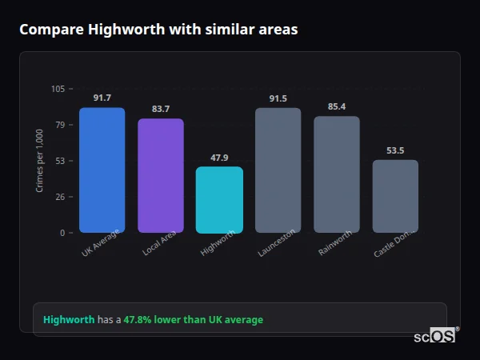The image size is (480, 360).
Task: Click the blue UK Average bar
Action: pyautogui.click(x=102, y=170)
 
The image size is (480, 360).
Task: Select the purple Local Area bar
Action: pyautogui.click(x=161, y=175)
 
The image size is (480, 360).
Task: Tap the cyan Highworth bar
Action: pyautogui.click(x=219, y=199)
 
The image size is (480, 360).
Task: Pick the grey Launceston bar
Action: pyautogui.click(x=278, y=170)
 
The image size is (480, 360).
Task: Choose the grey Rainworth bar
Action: pyautogui.click(x=337, y=174)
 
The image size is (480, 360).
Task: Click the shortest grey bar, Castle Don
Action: pyautogui.click(x=395, y=196)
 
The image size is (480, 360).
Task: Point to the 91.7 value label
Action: pyautogui.click(x=102, y=98)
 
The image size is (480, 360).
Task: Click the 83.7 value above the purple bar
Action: pyautogui.click(x=161, y=109)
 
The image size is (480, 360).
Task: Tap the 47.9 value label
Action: pyautogui.click(x=219, y=158)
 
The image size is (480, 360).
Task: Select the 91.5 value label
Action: pyautogui.click(x=278, y=98)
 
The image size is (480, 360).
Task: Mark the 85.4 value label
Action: pyautogui.click(x=337, y=106)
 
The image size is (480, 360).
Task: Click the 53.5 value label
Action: pyautogui.click(x=395, y=150)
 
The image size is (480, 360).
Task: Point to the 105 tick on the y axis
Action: pyautogui.click(x=58, y=89)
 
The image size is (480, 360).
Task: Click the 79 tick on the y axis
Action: pyautogui.click(x=61, y=125)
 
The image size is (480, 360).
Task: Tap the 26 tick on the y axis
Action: pyautogui.click(x=61, y=197)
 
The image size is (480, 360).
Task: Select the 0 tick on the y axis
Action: pyautogui.click(x=63, y=233)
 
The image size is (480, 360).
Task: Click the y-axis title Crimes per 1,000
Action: pyautogui.click(x=40, y=161)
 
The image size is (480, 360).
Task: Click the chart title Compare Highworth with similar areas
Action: pyautogui.click(x=158, y=30)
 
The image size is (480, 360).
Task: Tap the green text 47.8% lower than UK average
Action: pyautogui.click(x=193, y=320)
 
